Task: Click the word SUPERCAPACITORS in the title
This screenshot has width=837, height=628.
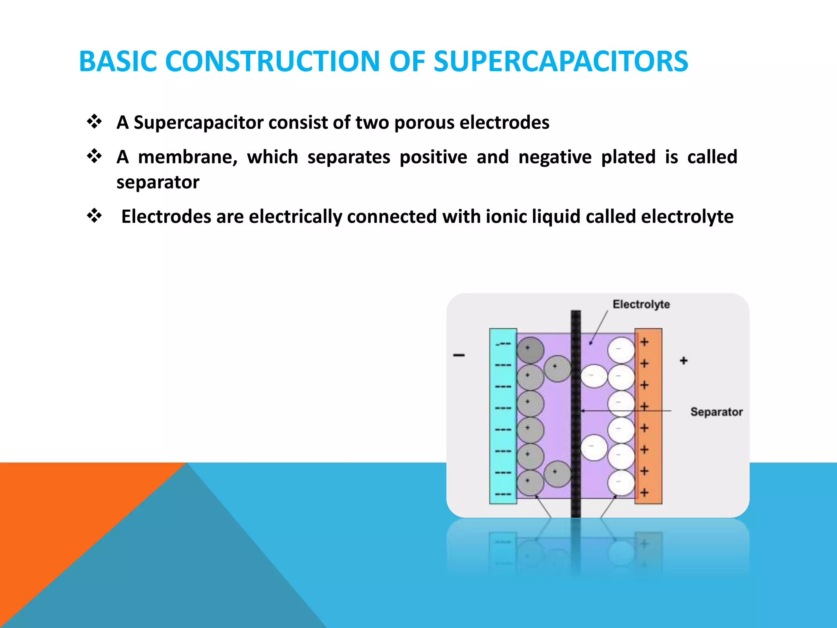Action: tap(560, 62)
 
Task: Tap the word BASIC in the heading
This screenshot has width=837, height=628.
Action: tap(118, 62)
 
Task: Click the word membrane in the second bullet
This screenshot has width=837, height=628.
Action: tap(188, 157)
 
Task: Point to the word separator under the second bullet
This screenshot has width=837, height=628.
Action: tap(158, 182)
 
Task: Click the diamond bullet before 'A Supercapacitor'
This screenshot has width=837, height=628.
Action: tap(94, 122)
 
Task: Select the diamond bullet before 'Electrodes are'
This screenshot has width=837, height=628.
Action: tap(94, 215)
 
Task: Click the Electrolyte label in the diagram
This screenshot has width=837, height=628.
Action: tap(641, 304)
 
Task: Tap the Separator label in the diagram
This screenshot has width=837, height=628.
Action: tap(716, 412)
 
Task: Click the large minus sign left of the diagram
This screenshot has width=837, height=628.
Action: tap(459, 355)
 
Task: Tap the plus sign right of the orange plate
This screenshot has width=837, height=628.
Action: tap(683, 361)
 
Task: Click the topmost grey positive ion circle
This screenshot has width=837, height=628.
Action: tap(530, 350)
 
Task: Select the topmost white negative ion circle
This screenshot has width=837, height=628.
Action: tap(621, 350)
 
